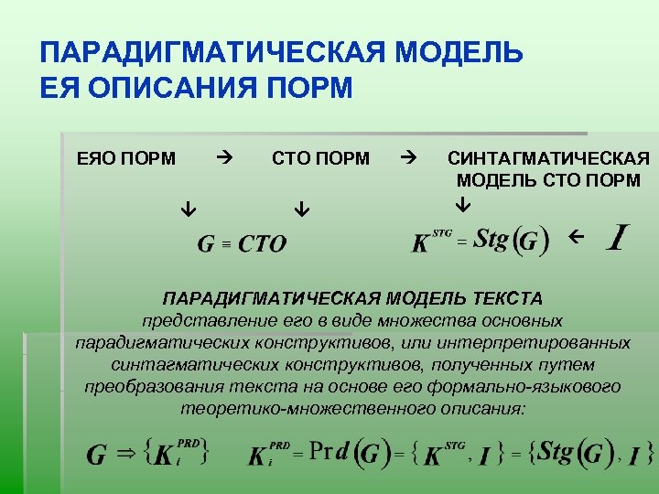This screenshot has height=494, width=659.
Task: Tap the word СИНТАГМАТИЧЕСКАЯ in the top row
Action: click(x=548, y=158)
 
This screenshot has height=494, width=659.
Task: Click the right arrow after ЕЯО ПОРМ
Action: click(x=224, y=157)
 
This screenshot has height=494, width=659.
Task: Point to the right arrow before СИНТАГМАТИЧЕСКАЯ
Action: click(x=408, y=157)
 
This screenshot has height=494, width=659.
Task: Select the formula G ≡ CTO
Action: click(x=243, y=243)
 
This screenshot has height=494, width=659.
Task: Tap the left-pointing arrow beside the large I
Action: click(x=575, y=237)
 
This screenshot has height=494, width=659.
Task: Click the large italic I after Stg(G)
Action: click(x=619, y=238)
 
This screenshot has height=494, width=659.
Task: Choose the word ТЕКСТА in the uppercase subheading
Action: click(x=508, y=298)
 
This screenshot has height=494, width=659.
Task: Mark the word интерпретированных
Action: click(x=549, y=342)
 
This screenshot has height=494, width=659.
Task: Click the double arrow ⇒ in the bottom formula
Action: click(x=124, y=453)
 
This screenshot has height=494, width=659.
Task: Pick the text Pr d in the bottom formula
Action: click(x=329, y=451)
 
